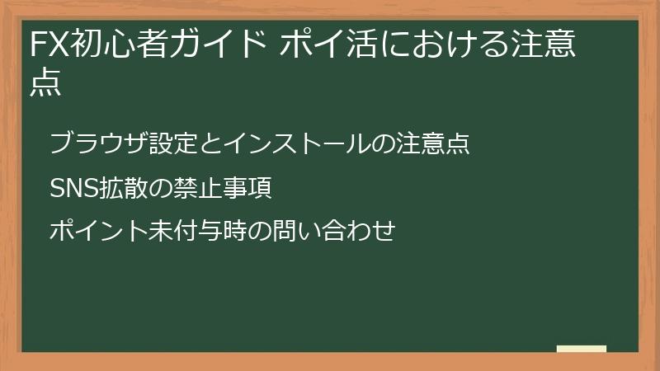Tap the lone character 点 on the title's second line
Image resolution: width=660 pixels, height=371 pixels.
[x=45, y=84]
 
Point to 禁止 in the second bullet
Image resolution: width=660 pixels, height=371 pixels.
[x=199, y=189]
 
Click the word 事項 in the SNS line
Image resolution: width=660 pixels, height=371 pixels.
[x=247, y=189]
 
